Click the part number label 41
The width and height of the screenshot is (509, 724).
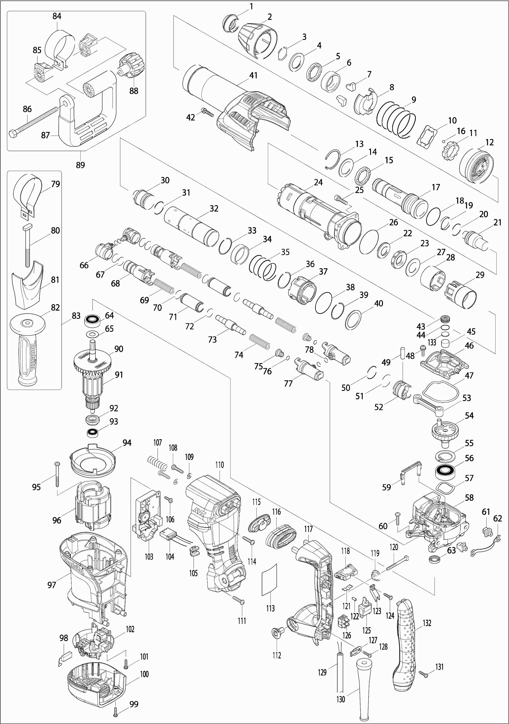[253, 75]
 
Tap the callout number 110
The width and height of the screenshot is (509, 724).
[220, 465]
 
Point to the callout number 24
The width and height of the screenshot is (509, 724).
[318, 182]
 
